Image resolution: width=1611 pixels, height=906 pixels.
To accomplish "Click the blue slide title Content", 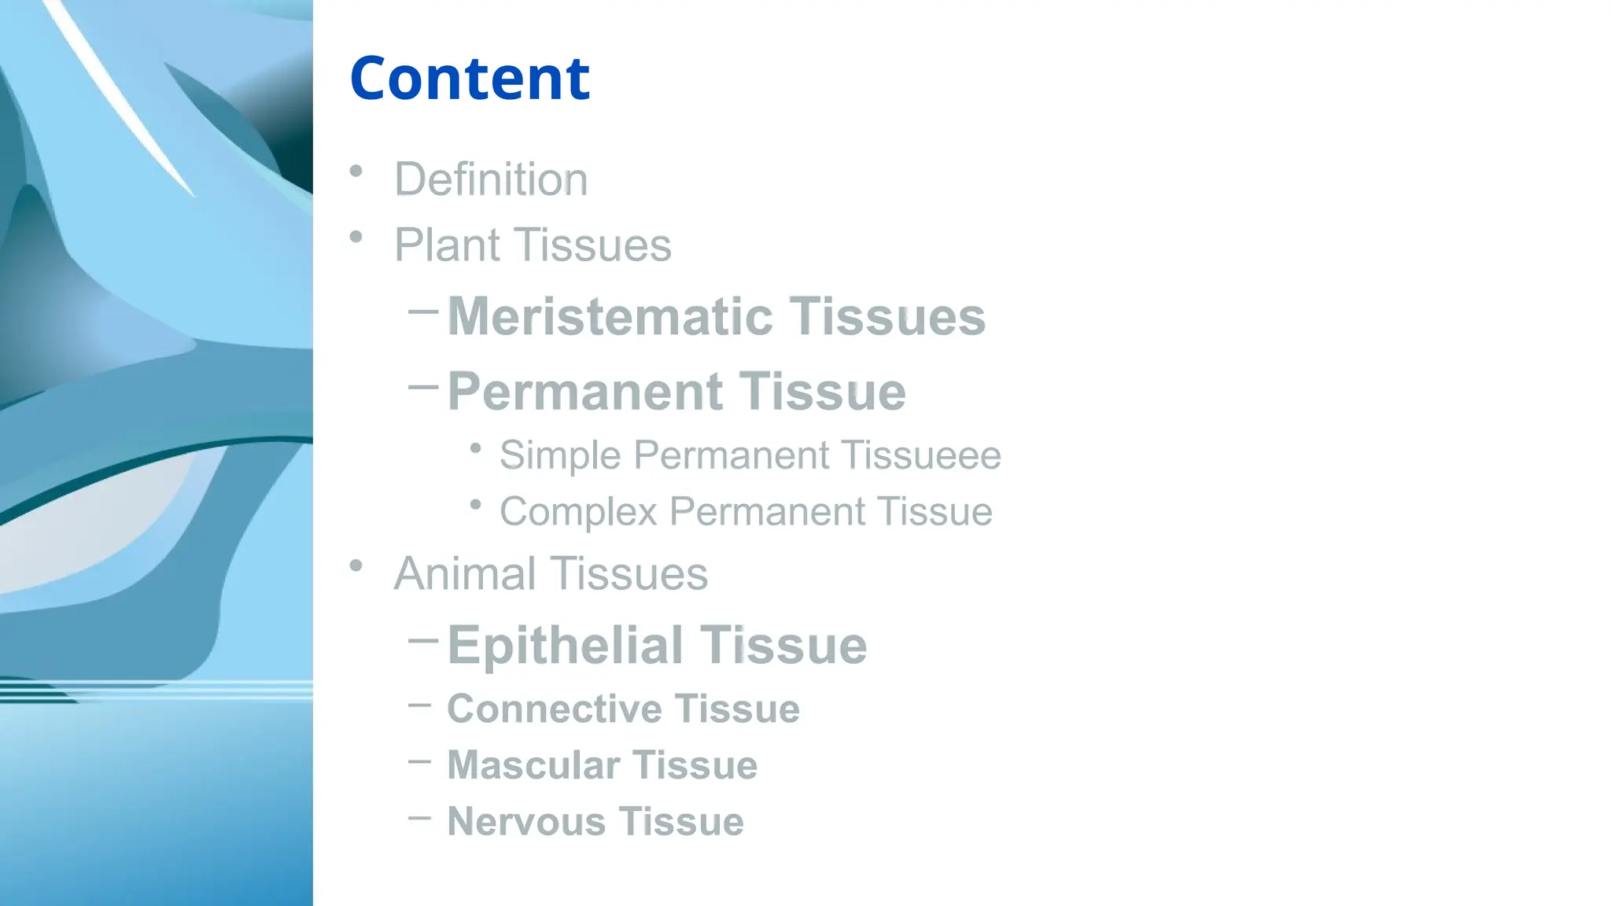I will coord(470,79).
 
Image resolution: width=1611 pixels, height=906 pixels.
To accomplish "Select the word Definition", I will coord(490,179).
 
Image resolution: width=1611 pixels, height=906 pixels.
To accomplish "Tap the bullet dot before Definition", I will coord(356,171).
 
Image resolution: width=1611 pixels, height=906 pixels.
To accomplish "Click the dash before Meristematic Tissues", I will coord(423,311).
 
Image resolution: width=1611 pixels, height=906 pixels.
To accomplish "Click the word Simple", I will coord(560,455).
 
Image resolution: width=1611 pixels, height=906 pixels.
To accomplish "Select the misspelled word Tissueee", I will coord(921,455).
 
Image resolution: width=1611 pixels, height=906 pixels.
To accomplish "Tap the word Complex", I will coord(578,512).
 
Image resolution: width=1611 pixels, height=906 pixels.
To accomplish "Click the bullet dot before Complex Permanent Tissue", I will coord(475,505).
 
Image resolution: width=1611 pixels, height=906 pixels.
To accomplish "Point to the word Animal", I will coord(465,573).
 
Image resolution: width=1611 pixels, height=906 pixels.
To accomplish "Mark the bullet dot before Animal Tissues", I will coord(356,565).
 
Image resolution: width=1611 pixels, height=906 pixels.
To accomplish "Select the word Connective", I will coord(554,709).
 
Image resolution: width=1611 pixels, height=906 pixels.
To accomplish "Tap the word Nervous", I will coord(526,822).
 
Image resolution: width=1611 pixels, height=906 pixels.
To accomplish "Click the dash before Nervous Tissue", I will coord(420,818).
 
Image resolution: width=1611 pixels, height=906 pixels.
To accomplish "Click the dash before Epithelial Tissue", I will coord(423,640).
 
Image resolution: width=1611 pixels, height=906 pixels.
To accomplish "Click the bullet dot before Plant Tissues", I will coord(356,237).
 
